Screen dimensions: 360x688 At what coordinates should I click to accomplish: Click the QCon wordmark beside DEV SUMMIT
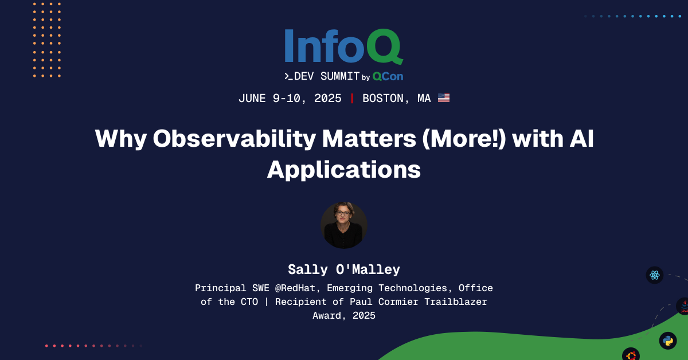(x=388, y=76)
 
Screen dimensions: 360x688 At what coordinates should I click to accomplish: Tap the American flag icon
(x=444, y=98)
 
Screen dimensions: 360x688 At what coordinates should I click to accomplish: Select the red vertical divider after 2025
(x=352, y=99)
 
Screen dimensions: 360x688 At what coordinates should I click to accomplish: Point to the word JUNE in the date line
(x=252, y=99)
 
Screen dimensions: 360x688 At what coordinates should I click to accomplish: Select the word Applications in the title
(x=344, y=170)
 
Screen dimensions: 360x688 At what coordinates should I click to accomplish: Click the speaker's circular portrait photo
(x=344, y=225)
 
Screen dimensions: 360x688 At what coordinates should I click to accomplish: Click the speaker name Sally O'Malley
(x=344, y=269)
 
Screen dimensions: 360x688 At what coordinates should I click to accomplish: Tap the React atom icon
(x=655, y=275)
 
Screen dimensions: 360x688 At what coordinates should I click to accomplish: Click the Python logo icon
(x=668, y=341)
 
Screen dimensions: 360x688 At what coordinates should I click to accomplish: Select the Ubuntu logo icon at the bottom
(x=631, y=355)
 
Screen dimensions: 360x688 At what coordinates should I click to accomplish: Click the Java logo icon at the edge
(x=683, y=306)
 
